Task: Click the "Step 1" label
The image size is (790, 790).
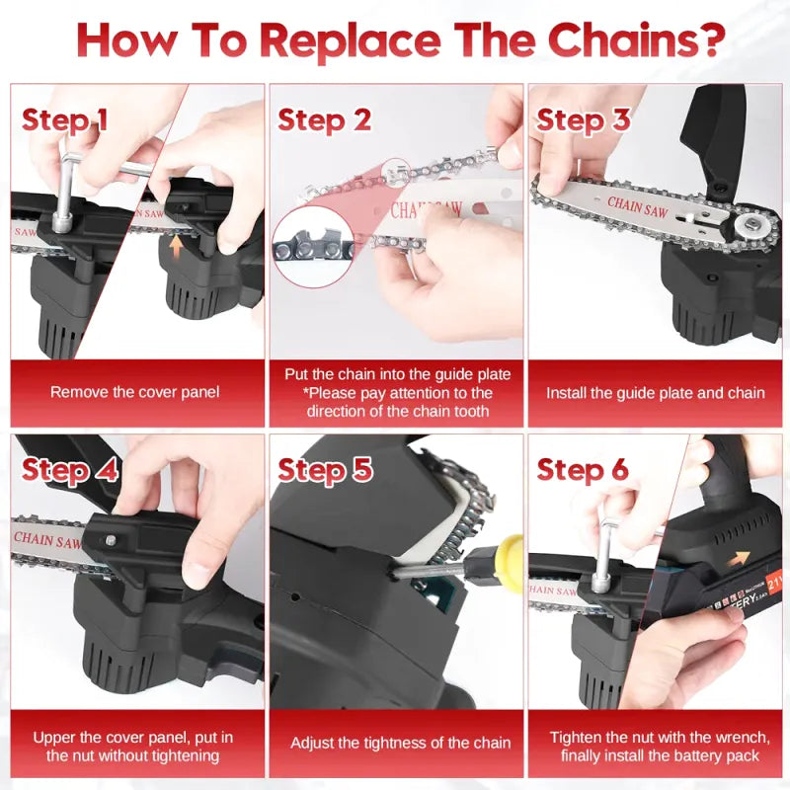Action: [64, 119]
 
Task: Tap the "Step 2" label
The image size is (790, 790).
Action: [324, 119]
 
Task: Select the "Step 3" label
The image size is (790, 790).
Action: [583, 119]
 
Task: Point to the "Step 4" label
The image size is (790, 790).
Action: [69, 470]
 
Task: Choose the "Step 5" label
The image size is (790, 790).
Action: [325, 470]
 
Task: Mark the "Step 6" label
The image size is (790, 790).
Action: [583, 470]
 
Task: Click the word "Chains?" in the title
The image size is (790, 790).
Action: [636, 40]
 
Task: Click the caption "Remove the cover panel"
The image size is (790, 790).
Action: [135, 392]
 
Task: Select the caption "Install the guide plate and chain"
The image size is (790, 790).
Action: [656, 392]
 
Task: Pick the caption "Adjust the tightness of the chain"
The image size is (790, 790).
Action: [401, 743]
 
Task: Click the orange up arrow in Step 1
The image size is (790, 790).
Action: [176, 248]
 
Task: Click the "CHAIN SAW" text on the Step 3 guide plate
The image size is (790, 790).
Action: [638, 206]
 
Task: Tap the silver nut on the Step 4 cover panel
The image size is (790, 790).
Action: [111, 540]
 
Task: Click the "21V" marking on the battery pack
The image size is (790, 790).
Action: [775, 580]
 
